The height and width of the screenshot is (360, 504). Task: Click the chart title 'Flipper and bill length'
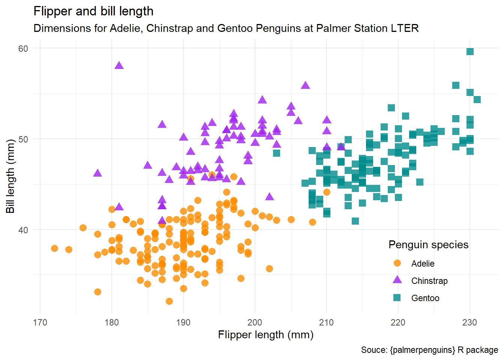pos(93,11)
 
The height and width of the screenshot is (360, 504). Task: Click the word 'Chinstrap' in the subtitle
pos(169,28)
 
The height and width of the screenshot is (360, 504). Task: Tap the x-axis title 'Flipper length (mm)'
pos(265,334)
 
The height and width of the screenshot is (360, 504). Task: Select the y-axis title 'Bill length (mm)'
pos(10,176)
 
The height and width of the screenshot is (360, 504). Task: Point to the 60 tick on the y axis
pos(23,49)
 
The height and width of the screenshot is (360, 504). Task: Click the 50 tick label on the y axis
pos(23,139)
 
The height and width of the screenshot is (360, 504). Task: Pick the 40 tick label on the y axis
pos(23,230)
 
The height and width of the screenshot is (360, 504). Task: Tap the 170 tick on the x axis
pos(40,322)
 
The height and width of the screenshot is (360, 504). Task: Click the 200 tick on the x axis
pos(255,322)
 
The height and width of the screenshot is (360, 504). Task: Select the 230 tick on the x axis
pos(469,322)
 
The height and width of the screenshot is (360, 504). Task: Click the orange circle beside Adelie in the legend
pos(397,263)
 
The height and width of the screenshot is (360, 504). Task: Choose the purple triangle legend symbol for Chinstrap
pos(397,280)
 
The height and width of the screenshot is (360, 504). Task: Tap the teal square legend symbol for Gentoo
pos(397,298)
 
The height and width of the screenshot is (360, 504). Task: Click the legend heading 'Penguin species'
pos(428,245)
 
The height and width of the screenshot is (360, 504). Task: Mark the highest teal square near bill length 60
pos(470,51)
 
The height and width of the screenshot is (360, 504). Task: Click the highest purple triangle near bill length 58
pos(119,66)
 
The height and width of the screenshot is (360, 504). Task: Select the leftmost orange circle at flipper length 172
pos(54,248)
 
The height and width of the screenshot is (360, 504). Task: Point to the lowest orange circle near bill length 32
pos(169,301)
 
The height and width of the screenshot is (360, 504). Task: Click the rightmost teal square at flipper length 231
pos(477,99)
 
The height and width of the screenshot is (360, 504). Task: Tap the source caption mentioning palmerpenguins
pos(429,350)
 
